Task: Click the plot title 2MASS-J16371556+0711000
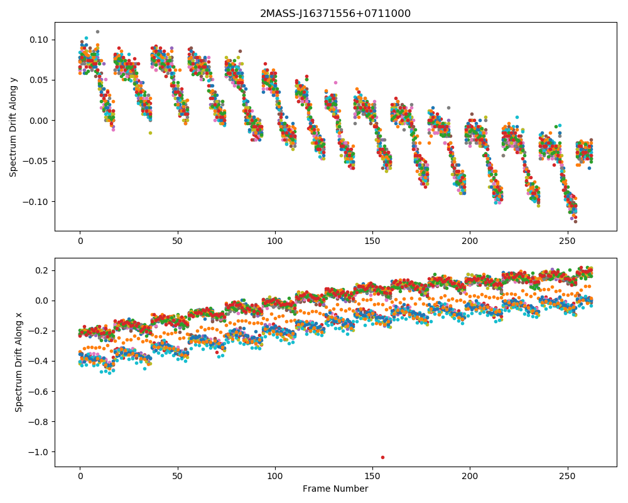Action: [335, 14]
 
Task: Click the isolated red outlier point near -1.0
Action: [383, 457]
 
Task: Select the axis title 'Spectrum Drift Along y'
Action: [13, 127]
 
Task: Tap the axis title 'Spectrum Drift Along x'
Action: [18, 362]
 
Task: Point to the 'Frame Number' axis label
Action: [335, 489]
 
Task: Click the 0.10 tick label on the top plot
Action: [38, 40]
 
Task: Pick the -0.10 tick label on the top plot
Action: [35, 202]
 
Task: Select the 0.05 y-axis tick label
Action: [38, 80]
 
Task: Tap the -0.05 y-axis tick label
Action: [35, 161]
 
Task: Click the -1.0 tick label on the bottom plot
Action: [38, 452]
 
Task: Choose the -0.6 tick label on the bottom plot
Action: [38, 392]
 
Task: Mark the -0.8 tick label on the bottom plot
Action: [38, 422]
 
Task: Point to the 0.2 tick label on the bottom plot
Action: [41, 271]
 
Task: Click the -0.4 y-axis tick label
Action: [38, 362]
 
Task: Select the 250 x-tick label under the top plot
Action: [568, 241]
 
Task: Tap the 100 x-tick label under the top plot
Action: [275, 241]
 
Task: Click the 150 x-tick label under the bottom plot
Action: [372, 477]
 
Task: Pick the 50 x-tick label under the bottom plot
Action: [178, 477]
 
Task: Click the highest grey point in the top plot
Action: [97, 31]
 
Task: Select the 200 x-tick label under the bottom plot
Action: [470, 477]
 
